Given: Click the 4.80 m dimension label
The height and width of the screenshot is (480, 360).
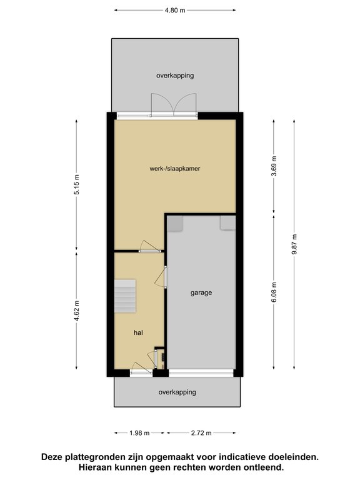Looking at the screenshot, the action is coord(175,10).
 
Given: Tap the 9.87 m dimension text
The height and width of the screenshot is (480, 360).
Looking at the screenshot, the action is coord(294,244).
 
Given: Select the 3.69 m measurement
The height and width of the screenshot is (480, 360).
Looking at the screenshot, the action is coord(274,166).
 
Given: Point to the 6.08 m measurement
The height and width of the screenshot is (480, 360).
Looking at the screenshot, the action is coord(274,292).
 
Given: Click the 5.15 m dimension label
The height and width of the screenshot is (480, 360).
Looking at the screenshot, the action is coord(77,184).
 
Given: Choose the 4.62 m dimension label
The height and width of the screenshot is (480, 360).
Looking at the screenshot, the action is coord(77,311).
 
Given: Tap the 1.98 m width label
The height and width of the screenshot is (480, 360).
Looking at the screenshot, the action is coord(139,433).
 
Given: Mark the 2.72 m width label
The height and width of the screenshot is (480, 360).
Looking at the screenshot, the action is coord(201,433).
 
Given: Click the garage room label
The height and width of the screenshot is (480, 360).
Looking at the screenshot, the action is coord(201,293).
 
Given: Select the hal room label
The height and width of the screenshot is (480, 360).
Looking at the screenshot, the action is coord(138,332).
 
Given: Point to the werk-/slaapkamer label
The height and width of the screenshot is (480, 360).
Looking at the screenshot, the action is coord(175,168).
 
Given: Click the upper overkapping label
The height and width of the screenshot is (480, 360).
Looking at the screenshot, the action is coord(175,76).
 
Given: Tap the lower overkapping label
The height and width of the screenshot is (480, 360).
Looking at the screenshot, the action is coord(177,392).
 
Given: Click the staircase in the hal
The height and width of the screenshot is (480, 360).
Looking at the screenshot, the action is coord(125,296).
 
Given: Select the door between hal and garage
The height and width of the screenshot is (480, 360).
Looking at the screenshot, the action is coord(161,277).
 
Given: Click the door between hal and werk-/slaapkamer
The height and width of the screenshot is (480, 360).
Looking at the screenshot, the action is coord(150,246).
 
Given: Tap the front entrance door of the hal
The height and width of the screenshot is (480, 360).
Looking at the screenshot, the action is coord(141,368).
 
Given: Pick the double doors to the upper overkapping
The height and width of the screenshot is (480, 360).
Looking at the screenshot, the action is coord(173,105).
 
